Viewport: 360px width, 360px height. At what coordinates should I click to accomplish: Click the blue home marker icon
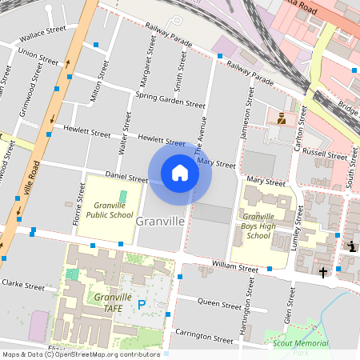coord(180,173)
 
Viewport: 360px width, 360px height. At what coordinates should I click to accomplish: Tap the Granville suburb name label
coord(161,220)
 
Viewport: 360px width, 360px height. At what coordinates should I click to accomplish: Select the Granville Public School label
coord(110,210)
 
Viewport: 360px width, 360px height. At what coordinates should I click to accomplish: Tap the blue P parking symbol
coord(142,304)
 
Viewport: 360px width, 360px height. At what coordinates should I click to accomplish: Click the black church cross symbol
coord(323,273)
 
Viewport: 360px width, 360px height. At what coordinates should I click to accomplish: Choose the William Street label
coord(235,266)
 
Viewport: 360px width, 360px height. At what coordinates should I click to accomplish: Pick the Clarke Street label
coord(22,284)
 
